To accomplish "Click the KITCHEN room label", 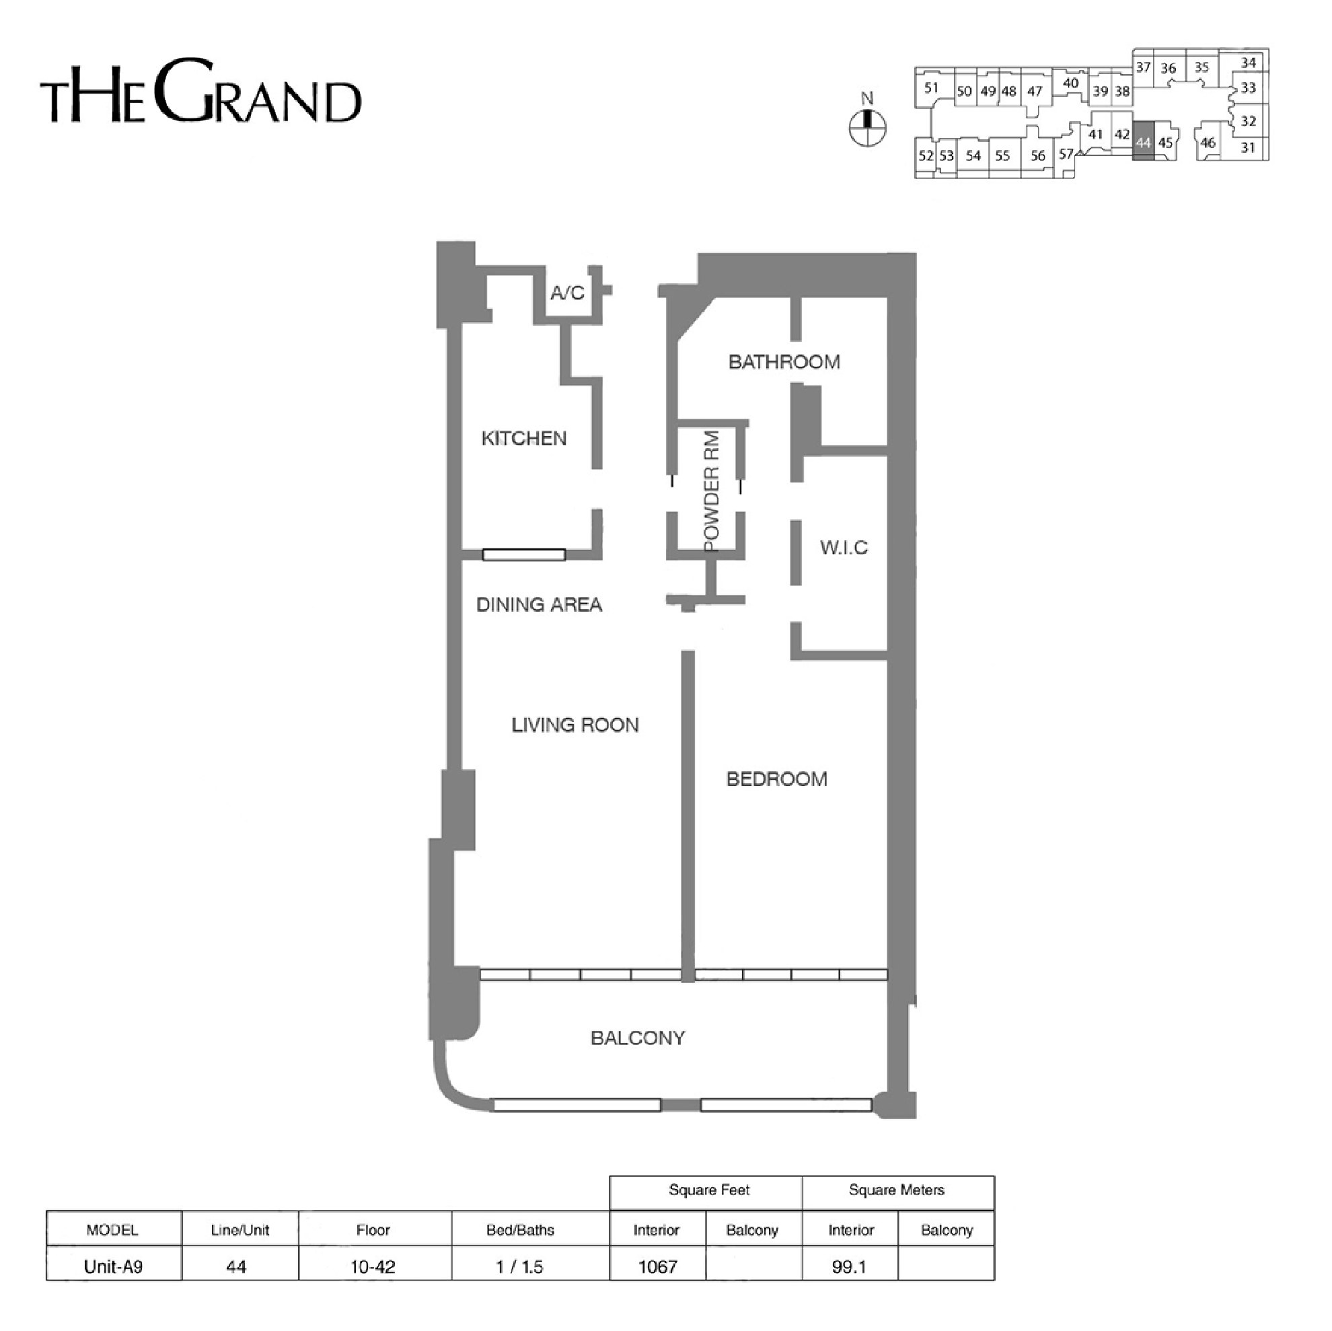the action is (x=524, y=439).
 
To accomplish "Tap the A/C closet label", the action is (x=567, y=293).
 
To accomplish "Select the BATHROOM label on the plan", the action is (x=784, y=362).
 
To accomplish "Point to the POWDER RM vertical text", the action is (x=712, y=491).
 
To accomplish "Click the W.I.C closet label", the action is (x=844, y=548).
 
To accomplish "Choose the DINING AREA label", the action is (x=539, y=605).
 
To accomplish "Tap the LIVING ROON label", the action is (x=575, y=725).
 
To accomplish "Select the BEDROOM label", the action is (x=777, y=779).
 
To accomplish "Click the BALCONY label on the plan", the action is (x=638, y=1038).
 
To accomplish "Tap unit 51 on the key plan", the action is (x=932, y=87).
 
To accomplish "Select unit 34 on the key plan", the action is (x=1249, y=63).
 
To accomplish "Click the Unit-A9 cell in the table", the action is (x=113, y=1267).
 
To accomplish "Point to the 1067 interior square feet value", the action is (x=658, y=1267).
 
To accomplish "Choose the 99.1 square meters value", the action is (x=849, y=1267).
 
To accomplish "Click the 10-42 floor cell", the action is (x=373, y=1267).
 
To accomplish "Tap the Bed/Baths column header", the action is (x=520, y=1230).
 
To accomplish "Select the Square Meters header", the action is (x=896, y=1190).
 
